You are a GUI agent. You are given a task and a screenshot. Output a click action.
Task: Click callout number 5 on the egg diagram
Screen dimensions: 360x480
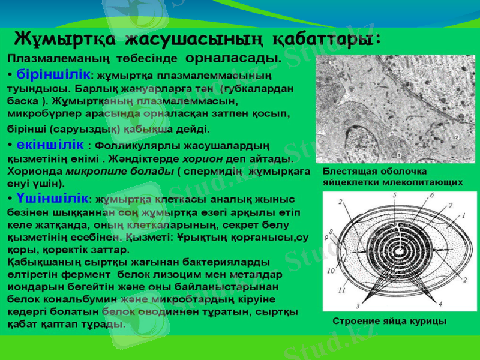(x=394, y=196)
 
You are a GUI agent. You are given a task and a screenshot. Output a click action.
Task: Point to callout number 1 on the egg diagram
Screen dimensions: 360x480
(x=463, y=215)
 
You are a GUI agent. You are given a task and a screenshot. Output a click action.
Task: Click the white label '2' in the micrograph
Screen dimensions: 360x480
(x=455, y=137)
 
